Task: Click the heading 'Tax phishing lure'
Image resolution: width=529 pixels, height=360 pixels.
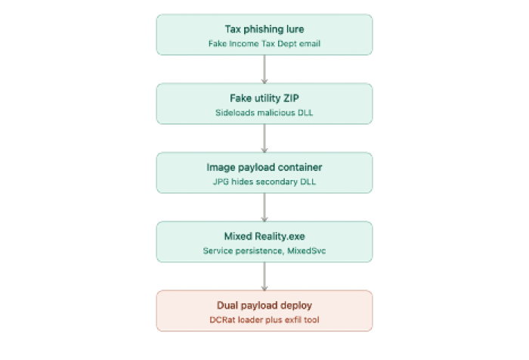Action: pos(264,29)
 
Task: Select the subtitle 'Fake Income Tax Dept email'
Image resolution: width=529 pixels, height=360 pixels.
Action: pos(264,44)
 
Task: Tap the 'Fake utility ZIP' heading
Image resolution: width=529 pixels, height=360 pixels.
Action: pos(264,98)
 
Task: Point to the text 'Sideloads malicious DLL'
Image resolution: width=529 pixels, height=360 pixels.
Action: pos(264,113)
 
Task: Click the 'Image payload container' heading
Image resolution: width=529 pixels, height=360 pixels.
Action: pos(264,167)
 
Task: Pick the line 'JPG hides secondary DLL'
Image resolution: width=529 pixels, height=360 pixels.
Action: pos(264,182)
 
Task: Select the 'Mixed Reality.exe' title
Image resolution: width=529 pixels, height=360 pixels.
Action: pos(264,237)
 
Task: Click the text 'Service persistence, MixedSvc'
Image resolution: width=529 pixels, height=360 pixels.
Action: pos(264,250)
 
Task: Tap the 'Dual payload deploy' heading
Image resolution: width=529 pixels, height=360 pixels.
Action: pos(264,306)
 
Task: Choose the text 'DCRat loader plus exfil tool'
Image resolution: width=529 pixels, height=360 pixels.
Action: pos(264,320)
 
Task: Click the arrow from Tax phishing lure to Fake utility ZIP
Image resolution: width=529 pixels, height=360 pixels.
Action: pos(264,70)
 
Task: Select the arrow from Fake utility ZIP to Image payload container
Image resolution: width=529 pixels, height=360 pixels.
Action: pos(264,138)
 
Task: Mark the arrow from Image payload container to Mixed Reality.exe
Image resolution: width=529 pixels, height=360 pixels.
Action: pos(264,207)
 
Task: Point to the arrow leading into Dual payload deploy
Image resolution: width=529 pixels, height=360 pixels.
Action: pos(264,277)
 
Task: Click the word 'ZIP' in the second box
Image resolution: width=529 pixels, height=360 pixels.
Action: pos(291,98)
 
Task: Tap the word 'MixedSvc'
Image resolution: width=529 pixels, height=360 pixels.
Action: pos(307,250)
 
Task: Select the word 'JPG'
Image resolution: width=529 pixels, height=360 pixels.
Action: pos(221,182)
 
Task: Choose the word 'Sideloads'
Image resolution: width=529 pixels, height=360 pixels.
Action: pos(235,113)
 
